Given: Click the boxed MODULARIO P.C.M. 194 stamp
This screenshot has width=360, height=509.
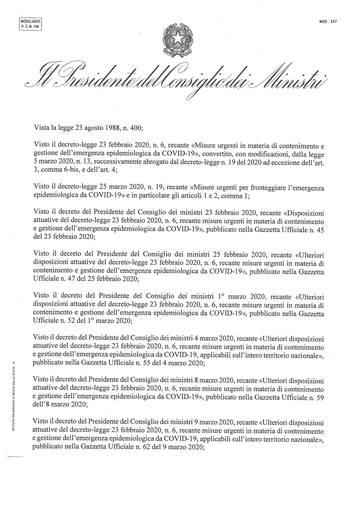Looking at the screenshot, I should [x=30, y=24].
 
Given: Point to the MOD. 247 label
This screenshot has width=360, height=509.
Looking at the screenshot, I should [x=328, y=21].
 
